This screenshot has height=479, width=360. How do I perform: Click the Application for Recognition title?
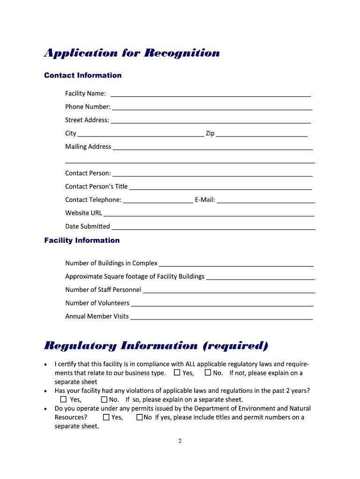(x=132, y=53)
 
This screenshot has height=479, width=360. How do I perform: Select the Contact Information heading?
(x=83, y=75)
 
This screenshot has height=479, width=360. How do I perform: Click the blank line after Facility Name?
(x=210, y=95)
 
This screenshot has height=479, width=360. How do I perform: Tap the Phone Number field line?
(x=212, y=108)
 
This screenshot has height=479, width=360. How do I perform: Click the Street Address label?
(x=87, y=120)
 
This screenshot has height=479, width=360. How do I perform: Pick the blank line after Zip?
(x=262, y=135)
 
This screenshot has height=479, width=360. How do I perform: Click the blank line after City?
(x=141, y=135)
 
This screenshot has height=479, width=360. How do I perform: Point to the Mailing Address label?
(x=88, y=147)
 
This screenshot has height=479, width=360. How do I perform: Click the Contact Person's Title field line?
(x=220, y=188)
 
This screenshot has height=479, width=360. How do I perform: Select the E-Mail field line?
(x=266, y=202)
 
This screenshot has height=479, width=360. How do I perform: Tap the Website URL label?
(x=83, y=213)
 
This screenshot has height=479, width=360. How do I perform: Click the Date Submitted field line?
(x=214, y=228)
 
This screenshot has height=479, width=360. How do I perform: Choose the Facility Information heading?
(x=82, y=240)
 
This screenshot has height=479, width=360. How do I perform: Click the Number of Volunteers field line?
(x=222, y=305)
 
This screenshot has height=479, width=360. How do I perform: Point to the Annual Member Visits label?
(x=97, y=317)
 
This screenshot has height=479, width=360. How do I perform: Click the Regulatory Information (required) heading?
(x=156, y=346)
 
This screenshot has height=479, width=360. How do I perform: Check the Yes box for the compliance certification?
(x=177, y=373)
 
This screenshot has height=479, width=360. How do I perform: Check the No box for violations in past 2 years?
(x=104, y=399)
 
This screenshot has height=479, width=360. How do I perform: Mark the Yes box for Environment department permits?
(x=106, y=417)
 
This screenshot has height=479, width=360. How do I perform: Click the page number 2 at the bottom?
(x=180, y=441)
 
